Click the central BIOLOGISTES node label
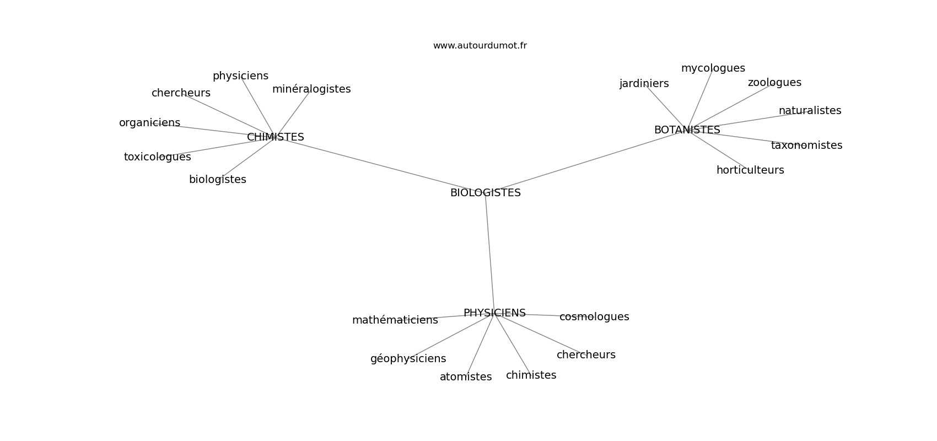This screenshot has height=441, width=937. (485, 193)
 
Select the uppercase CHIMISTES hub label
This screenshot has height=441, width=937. (275, 137)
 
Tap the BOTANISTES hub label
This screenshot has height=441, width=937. (687, 130)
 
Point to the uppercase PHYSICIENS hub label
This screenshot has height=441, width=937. (494, 313)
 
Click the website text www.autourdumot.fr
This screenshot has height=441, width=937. (480, 46)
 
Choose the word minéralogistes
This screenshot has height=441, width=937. (311, 89)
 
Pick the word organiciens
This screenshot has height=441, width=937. (149, 123)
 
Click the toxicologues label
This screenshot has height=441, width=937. (157, 157)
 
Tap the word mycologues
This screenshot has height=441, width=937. (713, 68)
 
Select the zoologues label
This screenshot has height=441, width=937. (774, 83)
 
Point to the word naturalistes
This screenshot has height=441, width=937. (810, 110)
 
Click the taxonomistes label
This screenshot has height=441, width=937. (806, 145)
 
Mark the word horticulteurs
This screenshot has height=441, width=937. (750, 170)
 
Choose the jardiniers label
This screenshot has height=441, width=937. (644, 84)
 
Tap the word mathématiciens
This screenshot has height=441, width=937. (395, 320)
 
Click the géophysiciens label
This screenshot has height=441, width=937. (408, 359)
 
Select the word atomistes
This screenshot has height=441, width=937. (466, 377)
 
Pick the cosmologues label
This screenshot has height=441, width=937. (594, 317)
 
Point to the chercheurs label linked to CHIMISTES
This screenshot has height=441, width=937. (181, 93)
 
